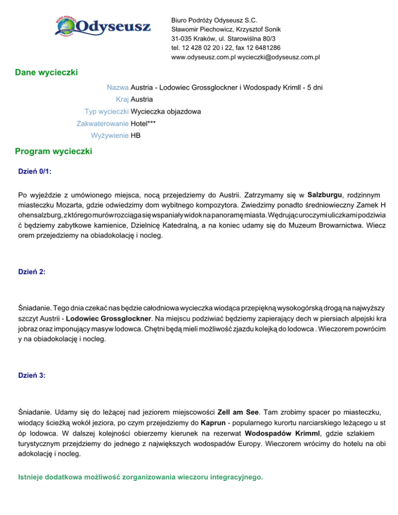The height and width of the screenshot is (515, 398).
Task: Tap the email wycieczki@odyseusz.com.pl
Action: [278, 56]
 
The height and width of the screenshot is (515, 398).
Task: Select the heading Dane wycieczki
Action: [47, 73]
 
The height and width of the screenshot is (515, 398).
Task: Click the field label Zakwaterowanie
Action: [103, 123]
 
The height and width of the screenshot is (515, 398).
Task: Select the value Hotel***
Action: [144, 123]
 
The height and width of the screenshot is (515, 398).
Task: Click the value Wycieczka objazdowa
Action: [166, 111]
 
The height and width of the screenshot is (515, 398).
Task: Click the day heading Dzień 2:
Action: [32, 270]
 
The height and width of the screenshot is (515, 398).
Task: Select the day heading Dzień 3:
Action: [32, 376]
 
